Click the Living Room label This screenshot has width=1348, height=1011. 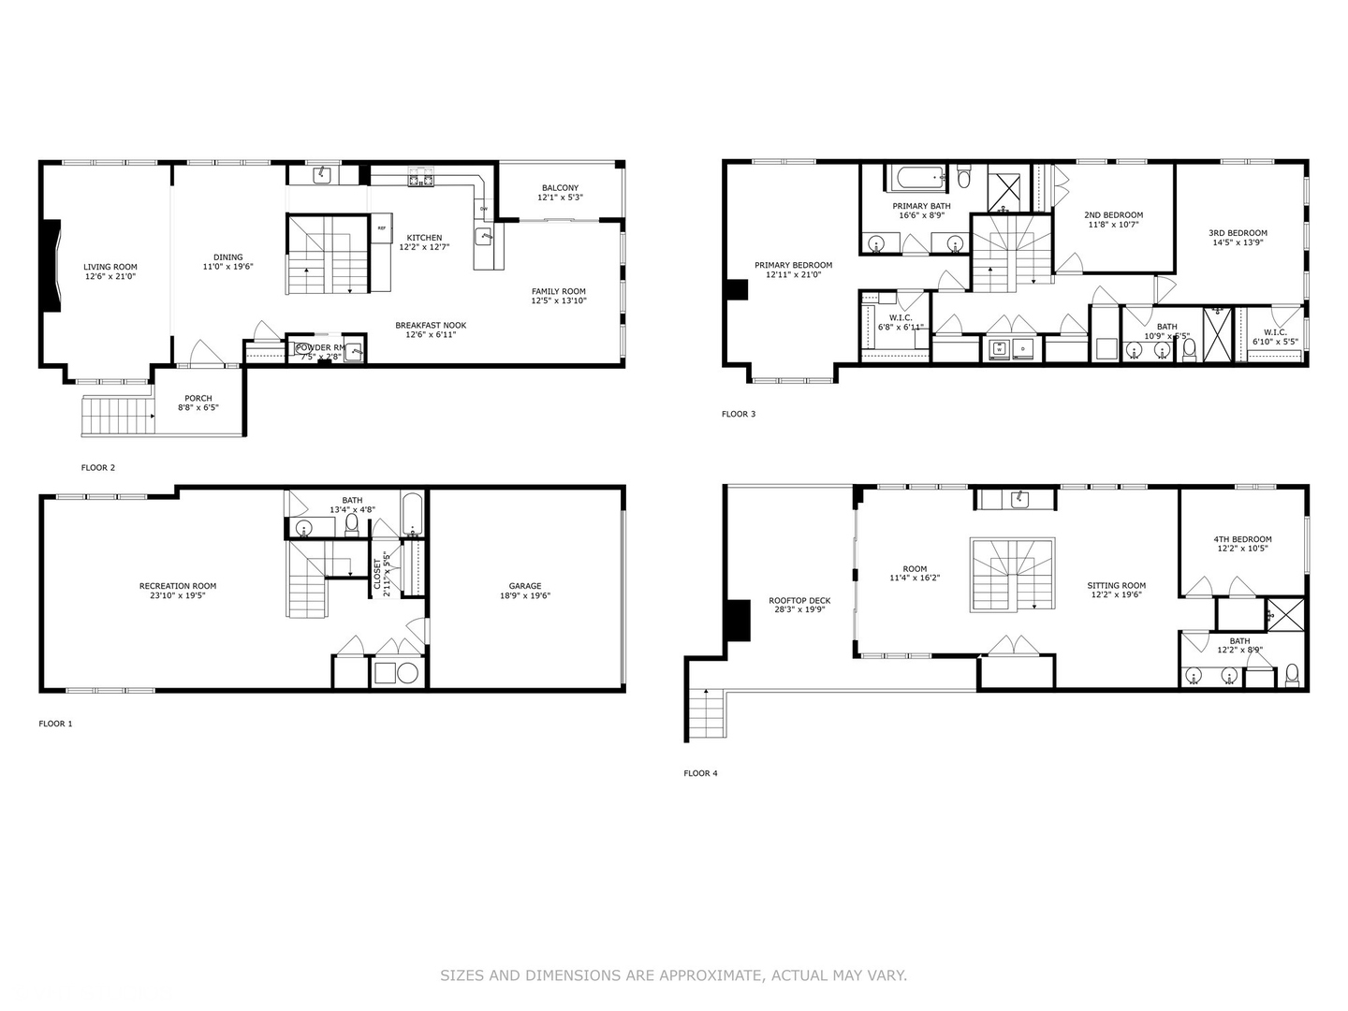tap(110, 267)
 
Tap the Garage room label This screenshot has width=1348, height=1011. tap(524, 586)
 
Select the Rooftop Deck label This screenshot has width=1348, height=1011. tap(799, 601)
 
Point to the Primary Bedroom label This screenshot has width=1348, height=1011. tap(793, 265)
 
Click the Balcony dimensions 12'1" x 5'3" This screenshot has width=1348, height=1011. tap(560, 198)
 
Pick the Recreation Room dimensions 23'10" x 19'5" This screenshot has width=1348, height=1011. tap(178, 595)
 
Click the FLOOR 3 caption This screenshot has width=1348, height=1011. tap(738, 414)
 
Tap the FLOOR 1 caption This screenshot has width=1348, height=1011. tap(55, 724)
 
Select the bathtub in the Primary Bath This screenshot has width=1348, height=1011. tap(915, 177)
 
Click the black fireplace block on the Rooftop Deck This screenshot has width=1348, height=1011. tap(738, 620)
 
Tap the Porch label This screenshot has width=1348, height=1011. tap(198, 398)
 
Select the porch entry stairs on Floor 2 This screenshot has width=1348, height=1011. tap(118, 415)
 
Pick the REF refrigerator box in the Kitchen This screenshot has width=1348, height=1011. tap(381, 227)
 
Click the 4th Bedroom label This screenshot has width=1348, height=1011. tap(1242, 539)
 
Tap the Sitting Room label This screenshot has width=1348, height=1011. tap(1116, 585)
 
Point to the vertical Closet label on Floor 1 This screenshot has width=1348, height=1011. tap(378, 577)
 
